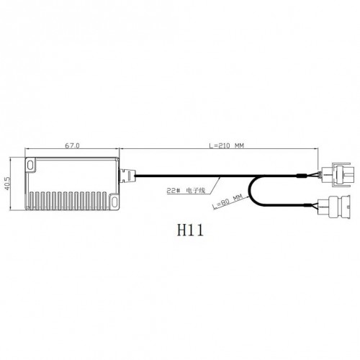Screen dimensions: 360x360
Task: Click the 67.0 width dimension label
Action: click(x=72, y=145)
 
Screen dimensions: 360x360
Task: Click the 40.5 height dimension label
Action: click(x=7, y=184)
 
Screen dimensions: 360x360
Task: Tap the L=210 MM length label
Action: click(x=226, y=145)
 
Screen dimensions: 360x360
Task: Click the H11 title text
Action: click(x=190, y=230)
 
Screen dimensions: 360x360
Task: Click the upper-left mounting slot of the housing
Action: click(x=30, y=165)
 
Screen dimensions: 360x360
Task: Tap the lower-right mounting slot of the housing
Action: click(x=114, y=201)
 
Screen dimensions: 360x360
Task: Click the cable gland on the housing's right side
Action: click(x=127, y=176)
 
